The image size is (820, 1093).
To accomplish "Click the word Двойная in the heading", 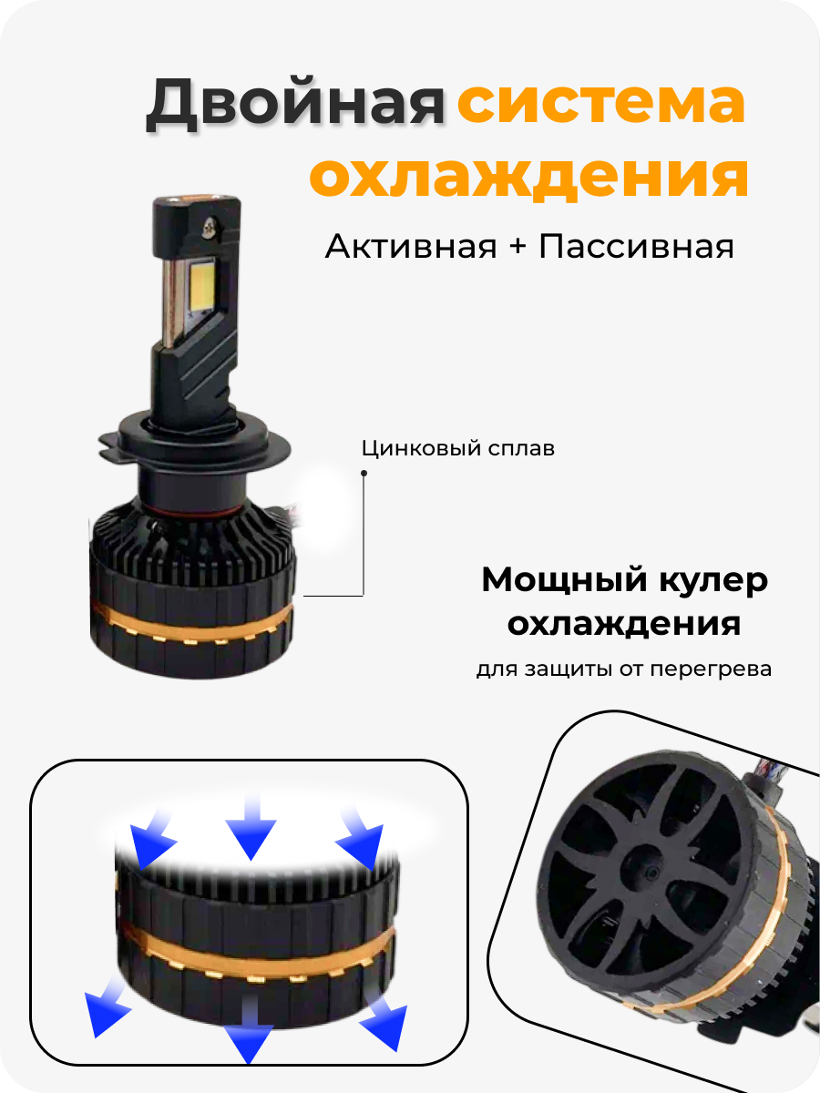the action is coord(295,103).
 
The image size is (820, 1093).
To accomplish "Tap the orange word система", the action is coord(601,103).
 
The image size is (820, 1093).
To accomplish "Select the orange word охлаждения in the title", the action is coord(528,178).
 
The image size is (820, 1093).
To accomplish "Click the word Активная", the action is coord(411,246).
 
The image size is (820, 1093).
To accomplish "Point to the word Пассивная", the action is coord(636,246).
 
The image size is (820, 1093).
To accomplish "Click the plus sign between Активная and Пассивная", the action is coord(518,247).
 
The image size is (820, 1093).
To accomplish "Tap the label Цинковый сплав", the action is coord(458,448).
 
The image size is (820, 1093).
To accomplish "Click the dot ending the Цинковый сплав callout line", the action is coord(364,473).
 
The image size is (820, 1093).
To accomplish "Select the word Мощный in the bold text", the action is coord(565,581).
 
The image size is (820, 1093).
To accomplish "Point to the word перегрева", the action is coord(711,669).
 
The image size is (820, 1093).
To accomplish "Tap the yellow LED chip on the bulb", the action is coord(202,286).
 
